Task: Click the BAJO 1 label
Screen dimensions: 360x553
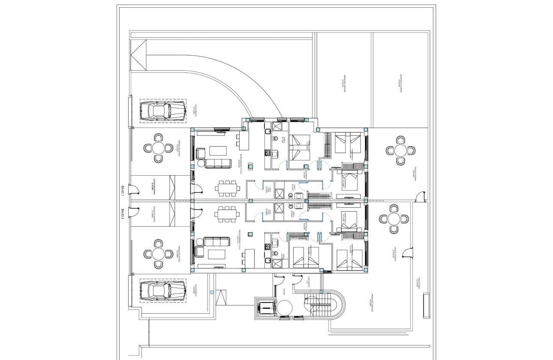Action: (122, 191)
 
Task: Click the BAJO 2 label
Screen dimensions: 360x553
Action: (122, 213)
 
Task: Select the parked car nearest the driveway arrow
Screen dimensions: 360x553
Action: (162, 111)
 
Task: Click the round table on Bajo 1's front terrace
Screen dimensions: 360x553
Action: (158, 148)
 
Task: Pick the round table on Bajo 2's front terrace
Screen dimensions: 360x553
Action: (158, 254)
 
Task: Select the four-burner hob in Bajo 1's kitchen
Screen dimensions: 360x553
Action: (268, 153)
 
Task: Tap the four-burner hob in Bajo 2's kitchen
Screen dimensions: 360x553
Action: (268, 246)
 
